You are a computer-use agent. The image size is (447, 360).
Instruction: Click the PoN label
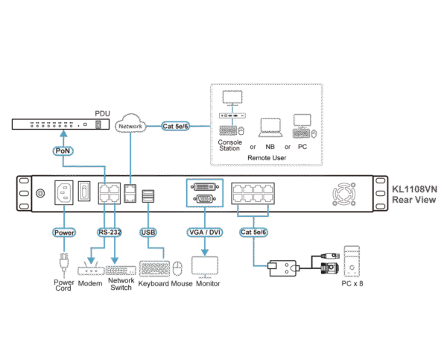pyautogui.click(x=63, y=150)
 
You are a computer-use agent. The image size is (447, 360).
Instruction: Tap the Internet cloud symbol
pyautogui.click(x=132, y=124)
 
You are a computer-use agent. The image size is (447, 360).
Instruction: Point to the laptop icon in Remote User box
pyautogui.click(x=269, y=127)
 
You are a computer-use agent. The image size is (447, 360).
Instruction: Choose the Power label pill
pyautogui.click(x=64, y=233)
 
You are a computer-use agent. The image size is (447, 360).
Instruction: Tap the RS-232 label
pyautogui.click(x=110, y=233)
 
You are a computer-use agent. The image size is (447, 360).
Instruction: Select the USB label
pyautogui.click(x=148, y=233)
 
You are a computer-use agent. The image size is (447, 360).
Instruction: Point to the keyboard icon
pyautogui.click(x=153, y=268)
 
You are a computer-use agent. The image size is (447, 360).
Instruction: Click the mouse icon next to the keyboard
pyautogui.click(x=177, y=268)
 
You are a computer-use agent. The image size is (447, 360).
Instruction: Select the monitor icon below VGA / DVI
pyautogui.click(x=205, y=266)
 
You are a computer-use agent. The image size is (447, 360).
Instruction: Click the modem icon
pyautogui.click(x=89, y=268)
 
